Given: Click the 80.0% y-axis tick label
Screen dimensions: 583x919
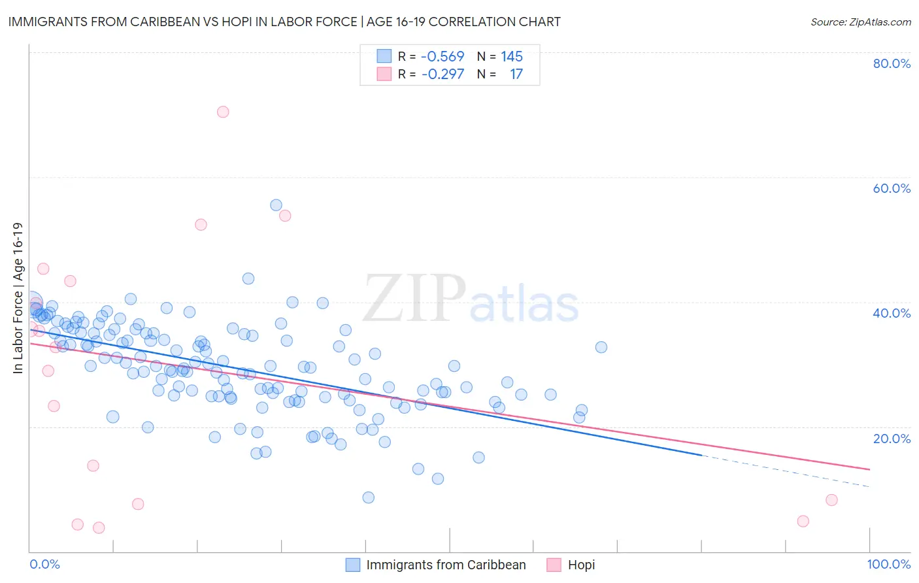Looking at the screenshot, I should click(892, 63).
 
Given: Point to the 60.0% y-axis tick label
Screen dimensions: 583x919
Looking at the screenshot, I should click(892, 188).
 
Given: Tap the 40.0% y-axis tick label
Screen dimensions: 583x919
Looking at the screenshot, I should click(892, 313).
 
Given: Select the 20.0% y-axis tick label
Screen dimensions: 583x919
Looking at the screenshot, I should click(892, 438).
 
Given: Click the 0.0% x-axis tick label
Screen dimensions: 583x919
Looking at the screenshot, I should click(45, 565).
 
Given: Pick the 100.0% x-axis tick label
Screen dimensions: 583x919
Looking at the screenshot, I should click(888, 565).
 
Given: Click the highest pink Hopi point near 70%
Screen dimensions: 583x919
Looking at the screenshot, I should click(223, 112).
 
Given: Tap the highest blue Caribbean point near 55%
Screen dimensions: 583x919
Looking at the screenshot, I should click(276, 205).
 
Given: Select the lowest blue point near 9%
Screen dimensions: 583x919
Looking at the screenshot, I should click(369, 497).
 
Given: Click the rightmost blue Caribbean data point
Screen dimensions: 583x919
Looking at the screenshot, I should click(601, 347).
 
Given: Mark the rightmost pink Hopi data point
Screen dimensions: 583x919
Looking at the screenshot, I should click(831, 500).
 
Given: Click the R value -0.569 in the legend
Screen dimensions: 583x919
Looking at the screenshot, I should click(443, 57).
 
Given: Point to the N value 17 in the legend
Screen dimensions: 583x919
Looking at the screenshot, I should click(516, 75).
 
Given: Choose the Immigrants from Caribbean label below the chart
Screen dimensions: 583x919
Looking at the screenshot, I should click(446, 565).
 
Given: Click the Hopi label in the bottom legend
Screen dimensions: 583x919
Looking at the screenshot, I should click(581, 565).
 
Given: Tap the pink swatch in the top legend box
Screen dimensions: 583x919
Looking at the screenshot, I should click(384, 75).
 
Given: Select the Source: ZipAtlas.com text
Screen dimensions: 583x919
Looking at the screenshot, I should click(860, 22).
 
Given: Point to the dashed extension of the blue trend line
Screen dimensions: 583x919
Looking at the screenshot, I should click(784, 471).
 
